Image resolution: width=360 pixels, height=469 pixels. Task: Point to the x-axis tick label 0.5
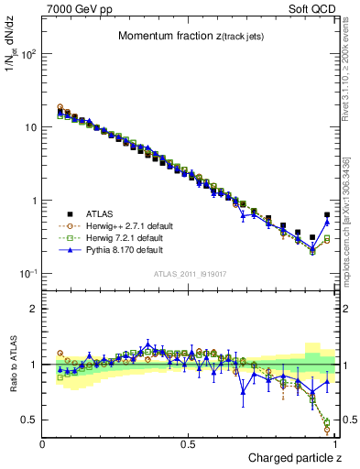tap(190, 444)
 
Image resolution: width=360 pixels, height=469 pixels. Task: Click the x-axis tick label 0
tap(43, 444)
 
